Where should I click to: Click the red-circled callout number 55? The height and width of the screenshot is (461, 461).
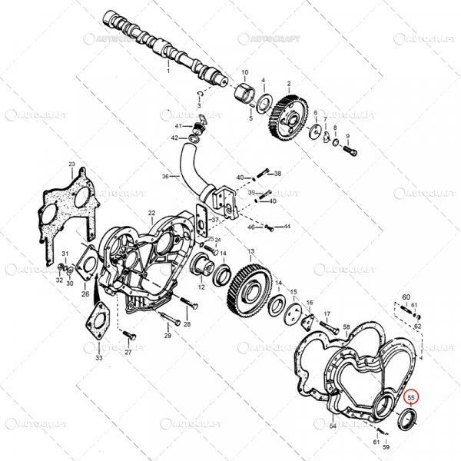click(411, 398)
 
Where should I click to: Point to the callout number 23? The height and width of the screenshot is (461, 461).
click(71, 164)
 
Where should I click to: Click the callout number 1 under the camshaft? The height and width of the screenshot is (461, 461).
click(168, 70)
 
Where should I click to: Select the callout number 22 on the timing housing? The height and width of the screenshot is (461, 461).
click(151, 213)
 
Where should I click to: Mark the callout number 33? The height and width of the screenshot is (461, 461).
click(98, 358)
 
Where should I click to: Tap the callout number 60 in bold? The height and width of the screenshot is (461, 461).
click(406, 296)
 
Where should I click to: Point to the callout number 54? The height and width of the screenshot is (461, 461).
click(333, 425)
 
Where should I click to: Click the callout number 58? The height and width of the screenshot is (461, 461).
click(347, 328)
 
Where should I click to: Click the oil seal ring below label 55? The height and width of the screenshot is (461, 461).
click(407, 421)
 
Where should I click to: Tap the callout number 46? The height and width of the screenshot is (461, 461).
click(250, 227)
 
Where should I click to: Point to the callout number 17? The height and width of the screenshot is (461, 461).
click(327, 313)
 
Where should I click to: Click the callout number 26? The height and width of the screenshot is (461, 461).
click(85, 294)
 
